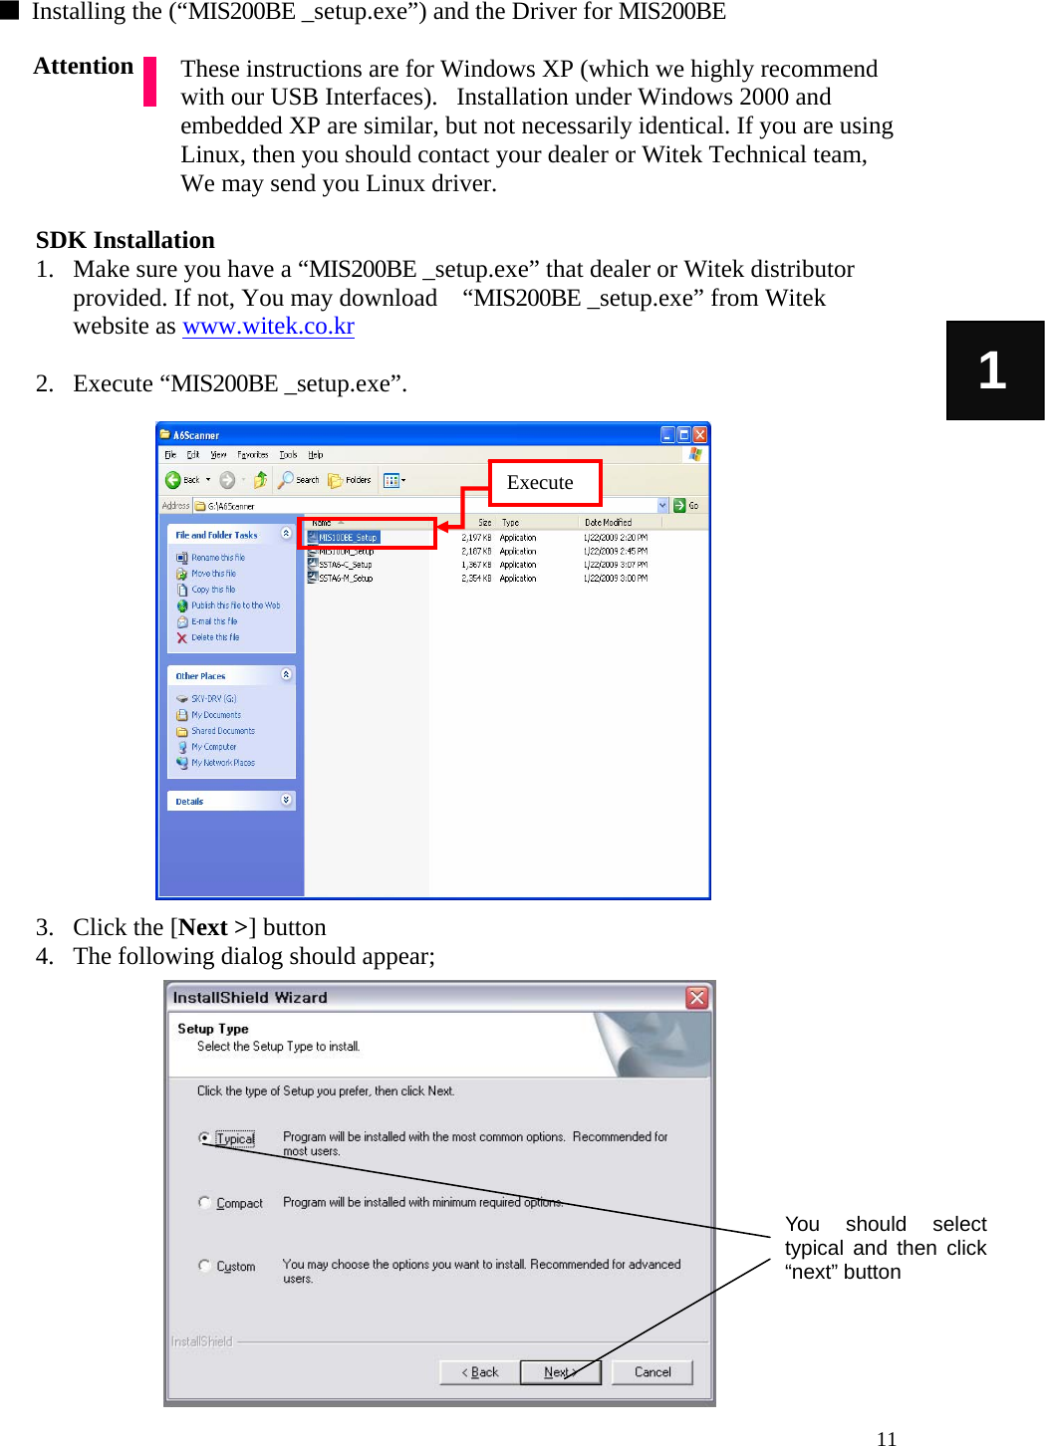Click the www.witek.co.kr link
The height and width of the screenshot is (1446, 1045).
(x=268, y=327)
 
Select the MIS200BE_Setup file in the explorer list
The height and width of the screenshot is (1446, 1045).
(x=347, y=538)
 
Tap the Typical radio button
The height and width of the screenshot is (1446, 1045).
(x=204, y=1138)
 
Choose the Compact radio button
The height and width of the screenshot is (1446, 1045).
(x=204, y=1203)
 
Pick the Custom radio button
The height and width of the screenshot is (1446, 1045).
(x=204, y=1266)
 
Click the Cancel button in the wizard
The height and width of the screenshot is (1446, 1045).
(x=653, y=1372)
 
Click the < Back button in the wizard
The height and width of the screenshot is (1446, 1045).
(x=480, y=1372)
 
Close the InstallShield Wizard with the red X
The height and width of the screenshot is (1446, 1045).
(x=697, y=998)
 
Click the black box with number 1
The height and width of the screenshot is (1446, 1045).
(x=994, y=370)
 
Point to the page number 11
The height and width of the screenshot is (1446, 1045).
(x=887, y=1438)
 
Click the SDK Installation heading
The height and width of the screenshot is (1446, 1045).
(x=126, y=241)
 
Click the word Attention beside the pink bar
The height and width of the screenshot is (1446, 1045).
(x=84, y=67)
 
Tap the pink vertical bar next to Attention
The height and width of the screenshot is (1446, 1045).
(x=150, y=82)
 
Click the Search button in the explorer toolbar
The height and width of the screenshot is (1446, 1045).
(x=299, y=480)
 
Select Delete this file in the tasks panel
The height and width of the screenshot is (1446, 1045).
(x=214, y=637)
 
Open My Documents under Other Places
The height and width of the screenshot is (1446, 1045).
(x=215, y=715)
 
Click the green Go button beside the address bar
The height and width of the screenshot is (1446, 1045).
(x=685, y=506)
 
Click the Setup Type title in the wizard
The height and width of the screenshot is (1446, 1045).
(x=213, y=1029)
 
